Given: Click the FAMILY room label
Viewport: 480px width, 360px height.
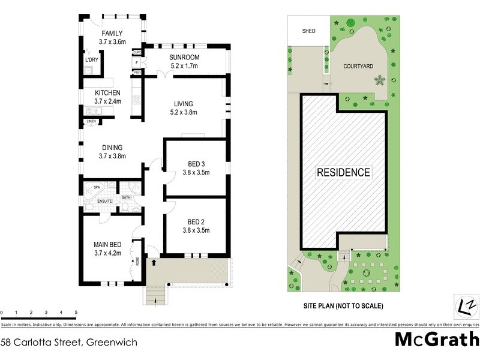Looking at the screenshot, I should [112, 34].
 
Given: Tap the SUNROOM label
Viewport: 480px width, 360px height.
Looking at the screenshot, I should [184, 58].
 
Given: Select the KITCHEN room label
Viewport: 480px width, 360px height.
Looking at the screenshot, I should [107, 93].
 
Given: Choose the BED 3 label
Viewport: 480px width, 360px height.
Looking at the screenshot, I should [196, 164].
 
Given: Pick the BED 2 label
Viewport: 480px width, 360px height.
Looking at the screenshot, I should [196, 221].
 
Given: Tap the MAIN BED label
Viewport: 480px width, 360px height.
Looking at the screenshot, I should [107, 245].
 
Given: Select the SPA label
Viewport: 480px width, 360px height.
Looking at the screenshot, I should [96, 187].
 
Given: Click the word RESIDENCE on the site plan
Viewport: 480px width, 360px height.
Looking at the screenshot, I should [343, 173].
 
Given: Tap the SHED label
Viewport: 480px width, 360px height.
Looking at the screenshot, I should [308, 31].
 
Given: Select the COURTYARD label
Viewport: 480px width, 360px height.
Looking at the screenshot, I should [359, 67].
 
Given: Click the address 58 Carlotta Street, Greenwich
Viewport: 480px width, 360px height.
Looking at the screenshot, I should [69, 343].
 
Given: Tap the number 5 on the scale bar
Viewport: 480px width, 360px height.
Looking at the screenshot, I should [76, 313].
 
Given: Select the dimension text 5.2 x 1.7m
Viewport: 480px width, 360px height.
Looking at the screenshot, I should [184, 65].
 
